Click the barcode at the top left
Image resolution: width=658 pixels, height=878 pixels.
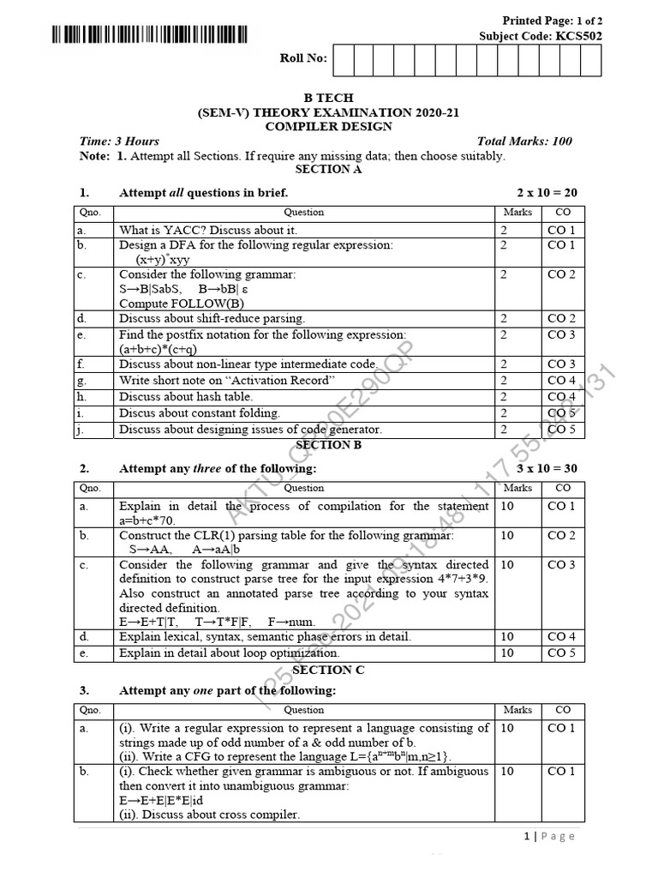(149, 35)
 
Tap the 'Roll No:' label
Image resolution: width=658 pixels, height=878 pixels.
(303, 58)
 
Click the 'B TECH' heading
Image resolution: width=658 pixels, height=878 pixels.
(329, 98)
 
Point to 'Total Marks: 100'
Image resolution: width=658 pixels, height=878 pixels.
(524, 141)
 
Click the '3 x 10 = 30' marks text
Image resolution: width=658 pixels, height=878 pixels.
(547, 469)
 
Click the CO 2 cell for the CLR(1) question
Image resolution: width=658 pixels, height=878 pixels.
(561, 535)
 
